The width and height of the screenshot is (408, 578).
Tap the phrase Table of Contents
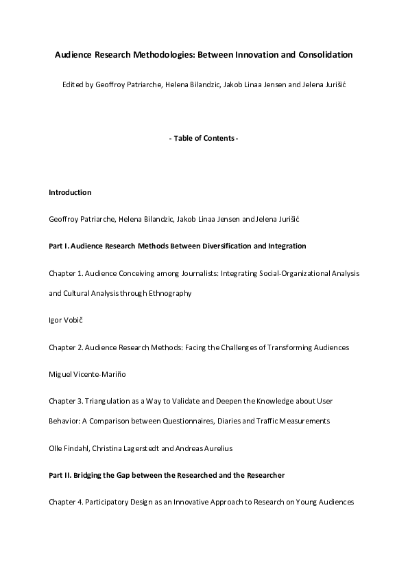203,139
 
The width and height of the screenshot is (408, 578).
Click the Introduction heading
70,193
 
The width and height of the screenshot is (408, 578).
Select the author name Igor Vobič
66,320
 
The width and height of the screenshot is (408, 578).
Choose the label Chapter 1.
67,273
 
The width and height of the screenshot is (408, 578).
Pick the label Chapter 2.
67,347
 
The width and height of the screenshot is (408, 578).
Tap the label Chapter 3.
67,400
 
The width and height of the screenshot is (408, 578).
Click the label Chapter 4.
67,502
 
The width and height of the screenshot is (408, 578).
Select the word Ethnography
169,293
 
